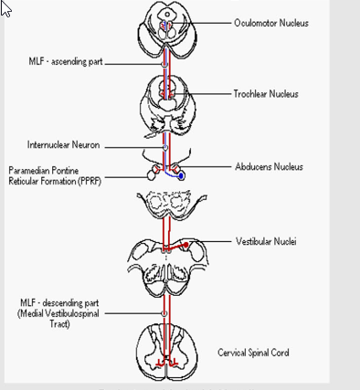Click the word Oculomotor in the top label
(251, 22)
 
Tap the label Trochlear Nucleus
(266, 94)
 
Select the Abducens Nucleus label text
(269, 167)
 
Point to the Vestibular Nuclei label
(266, 241)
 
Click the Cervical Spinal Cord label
(253, 352)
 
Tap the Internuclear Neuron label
(64, 145)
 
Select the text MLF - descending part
(61, 302)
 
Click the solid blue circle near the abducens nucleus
(181, 175)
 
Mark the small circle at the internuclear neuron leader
(165, 146)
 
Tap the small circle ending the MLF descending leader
(165, 312)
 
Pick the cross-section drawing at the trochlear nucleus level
(165, 98)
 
